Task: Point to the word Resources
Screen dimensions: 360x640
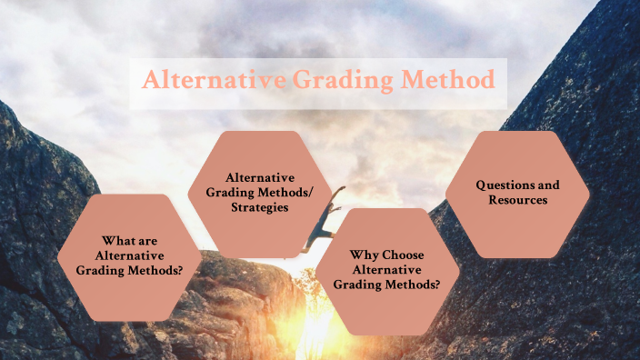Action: (x=517, y=199)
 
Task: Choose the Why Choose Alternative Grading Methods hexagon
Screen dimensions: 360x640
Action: (x=386, y=268)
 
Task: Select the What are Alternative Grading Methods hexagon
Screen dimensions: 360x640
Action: (x=130, y=255)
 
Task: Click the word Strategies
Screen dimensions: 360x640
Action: (x=259, y=207)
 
